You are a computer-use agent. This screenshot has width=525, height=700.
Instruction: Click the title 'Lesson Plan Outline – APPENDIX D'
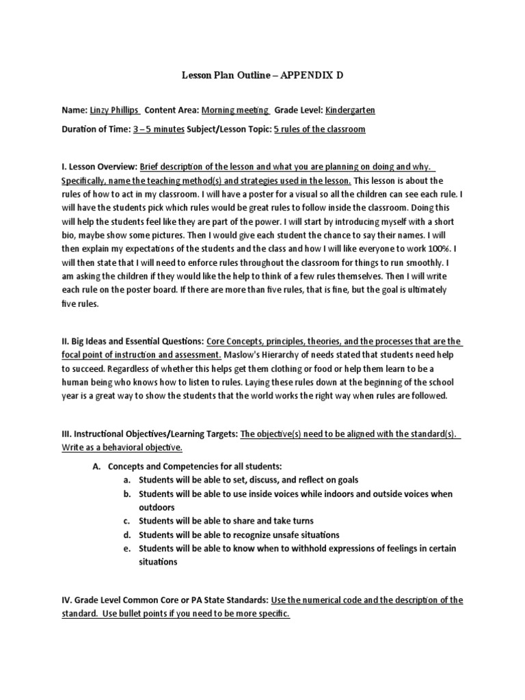(x=262, y=76)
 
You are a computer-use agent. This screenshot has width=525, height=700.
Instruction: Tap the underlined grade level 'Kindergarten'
(x=350, y=110)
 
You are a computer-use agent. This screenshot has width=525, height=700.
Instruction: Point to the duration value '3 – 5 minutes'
(x=159, y=129)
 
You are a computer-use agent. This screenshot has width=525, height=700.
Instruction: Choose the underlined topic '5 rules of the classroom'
(x=319, y=129)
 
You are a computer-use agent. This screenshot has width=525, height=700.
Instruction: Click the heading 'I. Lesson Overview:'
(x=100, y=167)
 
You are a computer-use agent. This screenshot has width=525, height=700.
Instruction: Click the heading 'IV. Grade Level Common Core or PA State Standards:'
(x=165, y=600)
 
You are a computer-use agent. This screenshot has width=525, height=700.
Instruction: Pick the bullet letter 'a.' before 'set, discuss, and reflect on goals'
(x=127, y=480)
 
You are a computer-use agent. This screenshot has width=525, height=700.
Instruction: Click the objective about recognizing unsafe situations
(x=239, y=535)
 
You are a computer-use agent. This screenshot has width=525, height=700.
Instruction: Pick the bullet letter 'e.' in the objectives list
(x=127, y=548)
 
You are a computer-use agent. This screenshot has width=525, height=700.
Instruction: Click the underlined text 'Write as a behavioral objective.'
(x=122, y=448)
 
